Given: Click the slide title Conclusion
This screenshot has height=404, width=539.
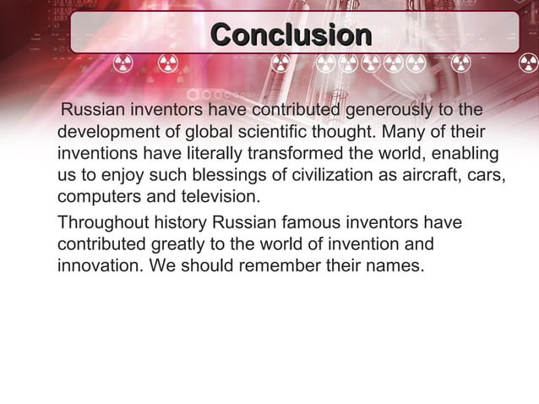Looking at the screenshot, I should [291, 35].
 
